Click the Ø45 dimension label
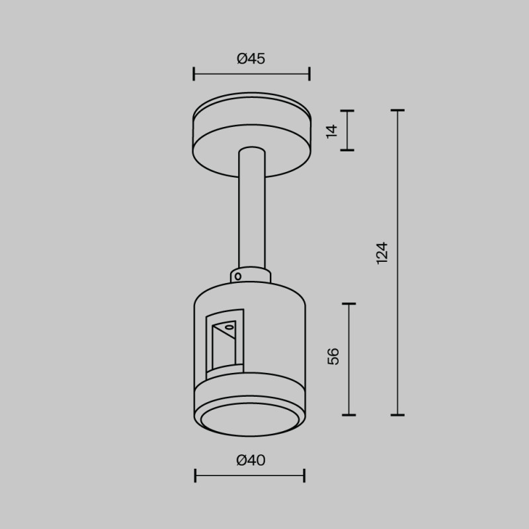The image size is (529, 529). pyautogui.click(x=251, y=59)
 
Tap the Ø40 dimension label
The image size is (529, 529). pyautogui.click(x=251, y=460)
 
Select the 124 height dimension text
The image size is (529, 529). pyautogui.click(x=382, y=253)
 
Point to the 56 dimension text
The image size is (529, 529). pyautogui.click(x=333, y=356)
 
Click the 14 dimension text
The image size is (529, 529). pyautogui.click(x=332, y=130)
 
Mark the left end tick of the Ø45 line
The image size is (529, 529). pyautogui.click(x=194, y=73)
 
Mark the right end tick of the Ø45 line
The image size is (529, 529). pyautogui.click(x=309, y=73)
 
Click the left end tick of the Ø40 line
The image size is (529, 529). pyautogui.click(x=196, y=475)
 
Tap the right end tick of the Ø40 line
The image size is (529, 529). pyautogui.click(x=304, y=475)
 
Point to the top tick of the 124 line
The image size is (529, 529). pyautogui.click(x=397, y=110)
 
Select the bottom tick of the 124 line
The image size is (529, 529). pyautogui.click(x=397, y=415)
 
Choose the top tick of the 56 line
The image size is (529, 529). pyautogui.click(x=348, y=304)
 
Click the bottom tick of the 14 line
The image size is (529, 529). pyautogui.click(x=347, y=150)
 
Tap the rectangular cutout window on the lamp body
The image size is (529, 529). pyautogui.click(x=224, y=344)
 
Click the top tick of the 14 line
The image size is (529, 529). pyautogui.click(x=347, y=110)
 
